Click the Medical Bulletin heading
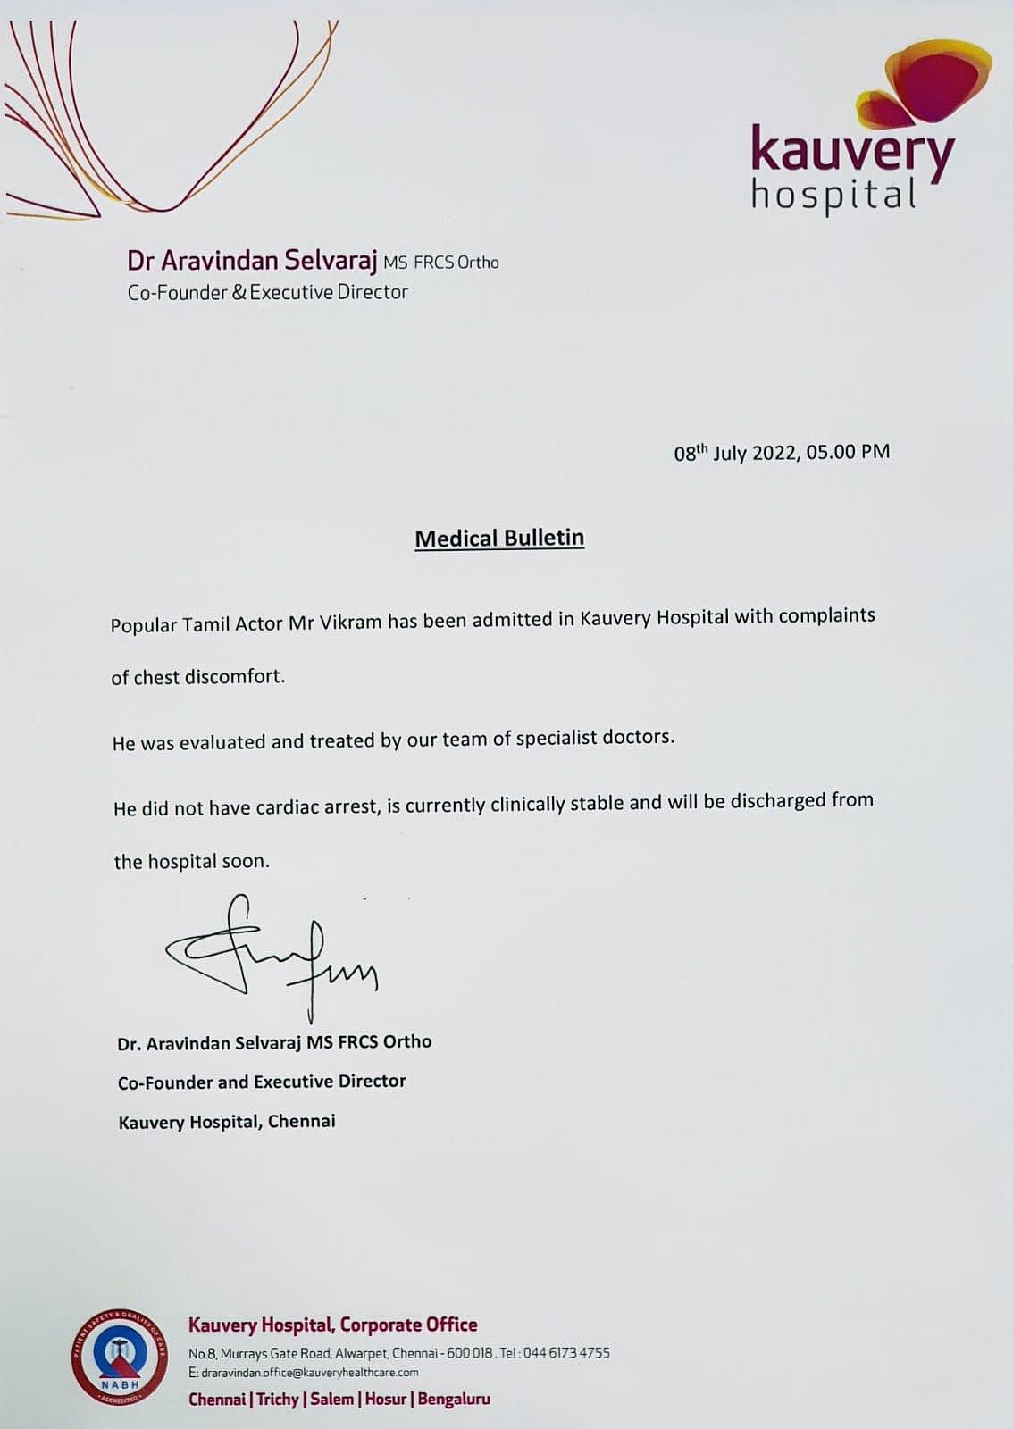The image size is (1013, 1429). tap(499, 539)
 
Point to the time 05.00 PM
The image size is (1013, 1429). tap(848, 452)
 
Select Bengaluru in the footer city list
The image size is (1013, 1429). tap(454, 1400)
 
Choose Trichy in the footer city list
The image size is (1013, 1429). tap(277, 1400)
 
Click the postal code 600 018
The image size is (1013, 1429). tap(470, 1353)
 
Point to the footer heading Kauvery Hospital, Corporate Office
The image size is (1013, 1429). tap(332, 1325)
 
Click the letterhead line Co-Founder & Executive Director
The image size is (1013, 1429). tap(267, 292)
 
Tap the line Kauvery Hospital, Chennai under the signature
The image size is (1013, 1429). tap(227, 1122)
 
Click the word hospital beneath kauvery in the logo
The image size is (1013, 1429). tap(833, 196)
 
